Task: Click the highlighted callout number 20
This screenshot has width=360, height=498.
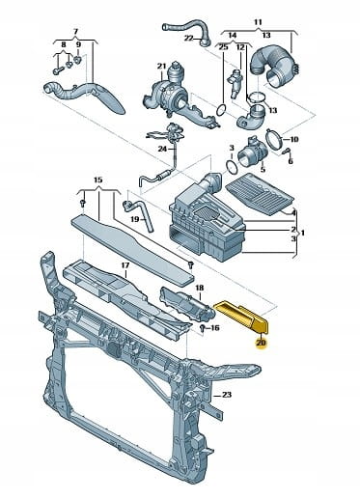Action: pos(261,343)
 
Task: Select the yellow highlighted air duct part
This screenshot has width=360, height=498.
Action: pos(243,317)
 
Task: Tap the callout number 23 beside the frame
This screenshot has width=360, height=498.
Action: pos(227,395)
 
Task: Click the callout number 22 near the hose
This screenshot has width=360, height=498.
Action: pos(188,39)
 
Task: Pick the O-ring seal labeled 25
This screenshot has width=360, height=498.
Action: pos(222,109)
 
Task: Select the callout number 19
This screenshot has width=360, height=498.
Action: pos(135,219)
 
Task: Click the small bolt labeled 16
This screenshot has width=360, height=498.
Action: pos(202,328)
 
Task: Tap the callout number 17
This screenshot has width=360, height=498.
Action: pos(125,265)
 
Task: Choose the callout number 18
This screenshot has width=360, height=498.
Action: pos(200,288)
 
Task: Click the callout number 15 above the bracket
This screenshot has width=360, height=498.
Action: pos(98,180)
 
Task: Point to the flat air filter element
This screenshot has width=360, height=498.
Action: pos(260,194)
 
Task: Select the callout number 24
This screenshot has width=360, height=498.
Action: pos(163,149)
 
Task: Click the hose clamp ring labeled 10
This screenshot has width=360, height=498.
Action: pos(274,139)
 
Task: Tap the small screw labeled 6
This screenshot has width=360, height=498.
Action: pos(286,151)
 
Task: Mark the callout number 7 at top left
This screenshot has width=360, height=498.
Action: pos(75,32)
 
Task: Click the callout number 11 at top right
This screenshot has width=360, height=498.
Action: pos(258,22)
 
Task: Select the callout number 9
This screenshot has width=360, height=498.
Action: pos(78,44)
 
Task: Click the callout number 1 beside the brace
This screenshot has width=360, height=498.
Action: pos(303,232)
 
